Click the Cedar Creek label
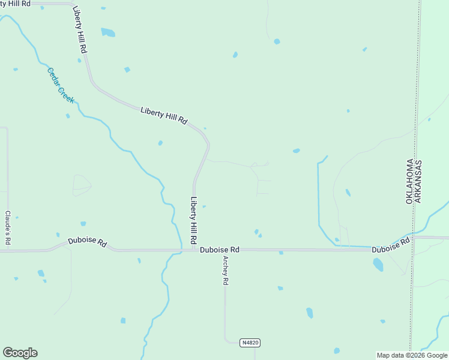[x=61, y=85]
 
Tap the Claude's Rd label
[x=8, y=227]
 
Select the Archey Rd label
[x=226, y=271]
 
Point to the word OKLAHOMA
[x=410, y=181]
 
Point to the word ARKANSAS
[x=418, y=181]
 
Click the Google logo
[x=20, y=353]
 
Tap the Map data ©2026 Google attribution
[x=412, y=355]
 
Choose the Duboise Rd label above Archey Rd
[x=220, y=250]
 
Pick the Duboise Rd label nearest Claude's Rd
[x=87, y=243]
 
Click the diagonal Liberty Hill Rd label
[x=164, y=115]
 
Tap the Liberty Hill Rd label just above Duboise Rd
[x=194, y=220]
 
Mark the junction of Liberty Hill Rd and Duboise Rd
[x=194, y=250]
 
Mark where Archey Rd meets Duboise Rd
[x=225, y=250]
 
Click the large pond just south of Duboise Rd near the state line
[x=378, y=264]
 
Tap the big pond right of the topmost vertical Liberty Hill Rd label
[x=108, y=32]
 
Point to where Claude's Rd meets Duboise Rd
[x=8, y=250]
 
